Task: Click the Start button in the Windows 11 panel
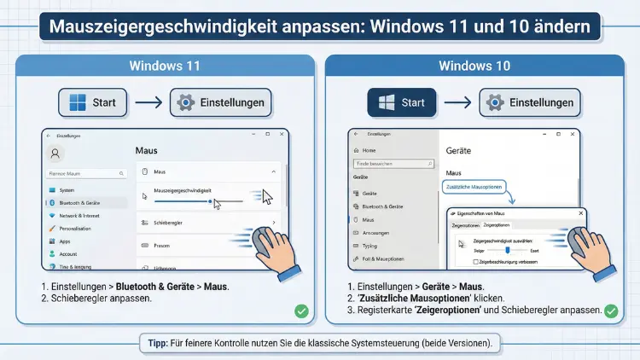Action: coord(93,103)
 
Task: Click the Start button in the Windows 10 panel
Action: coord(402,103)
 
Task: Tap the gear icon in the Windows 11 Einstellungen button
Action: coord(185,103)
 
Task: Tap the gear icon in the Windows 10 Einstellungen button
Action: coord(494,103)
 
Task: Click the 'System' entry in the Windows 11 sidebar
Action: coord(67,189)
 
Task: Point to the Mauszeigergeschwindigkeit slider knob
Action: coord(210,201)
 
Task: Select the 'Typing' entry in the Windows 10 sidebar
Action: coord(370,245)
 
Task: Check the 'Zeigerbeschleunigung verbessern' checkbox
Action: coord(461,261)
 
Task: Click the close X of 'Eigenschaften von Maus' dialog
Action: coord(582,212)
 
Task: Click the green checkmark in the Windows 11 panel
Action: coord(301,311)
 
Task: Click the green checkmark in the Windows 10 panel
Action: coord(610,311)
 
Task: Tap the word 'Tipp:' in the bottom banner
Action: coord(157,343)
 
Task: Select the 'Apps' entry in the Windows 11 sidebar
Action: coord(65,241)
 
